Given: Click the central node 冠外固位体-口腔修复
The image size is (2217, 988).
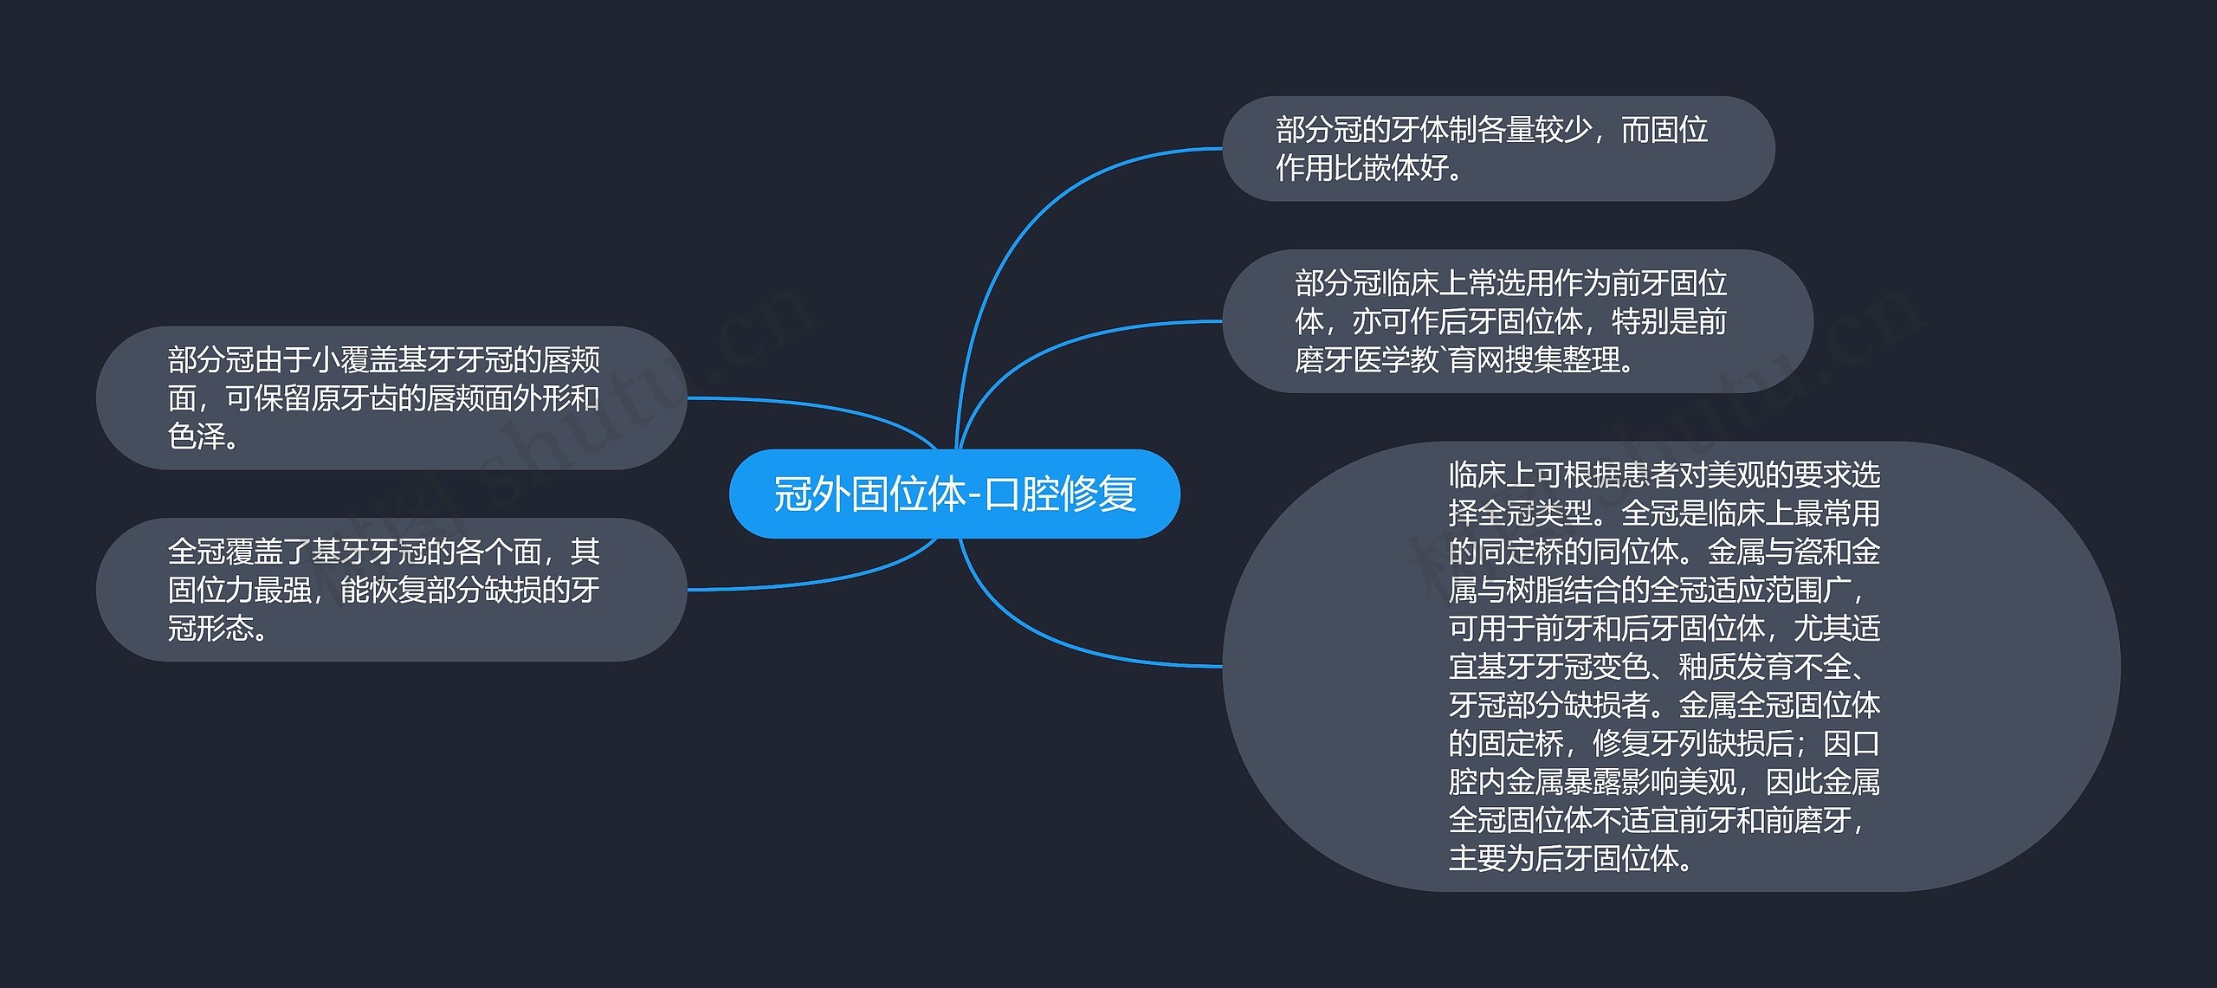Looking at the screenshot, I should [954, 494].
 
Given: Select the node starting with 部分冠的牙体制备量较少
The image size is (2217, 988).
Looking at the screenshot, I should [1498, 149].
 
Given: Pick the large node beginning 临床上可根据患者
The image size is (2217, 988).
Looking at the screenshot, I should [1671, 666].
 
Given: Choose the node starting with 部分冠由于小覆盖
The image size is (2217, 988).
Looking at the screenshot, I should [391, 397].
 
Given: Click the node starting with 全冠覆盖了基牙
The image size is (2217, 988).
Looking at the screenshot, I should [391, 590].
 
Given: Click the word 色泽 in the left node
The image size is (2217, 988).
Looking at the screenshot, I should [197, 436].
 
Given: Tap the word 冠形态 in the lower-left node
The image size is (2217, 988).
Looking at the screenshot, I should [210, 628].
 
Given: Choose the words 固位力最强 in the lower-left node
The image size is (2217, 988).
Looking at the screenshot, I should [240, 590].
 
